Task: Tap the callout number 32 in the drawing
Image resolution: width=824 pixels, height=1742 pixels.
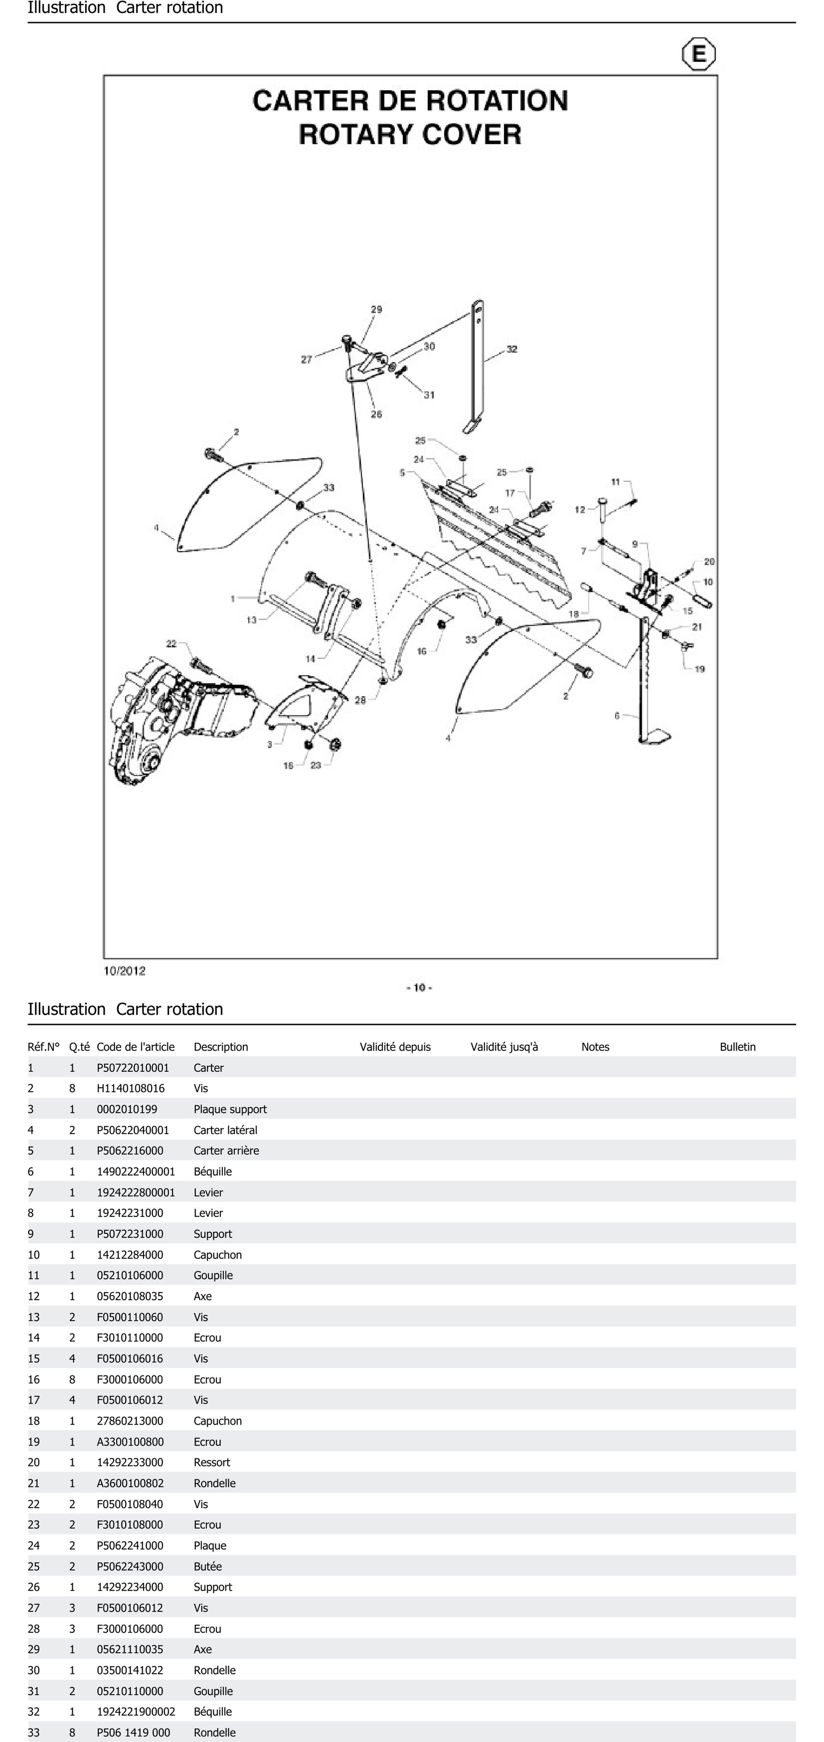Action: pyautogui.click(x=512, y=349)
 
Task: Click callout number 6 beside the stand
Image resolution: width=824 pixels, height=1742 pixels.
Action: pyautogui.click(x=616, y=715)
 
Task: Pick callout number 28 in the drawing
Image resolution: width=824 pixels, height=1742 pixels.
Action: pyautogui.click(x=360, y=700)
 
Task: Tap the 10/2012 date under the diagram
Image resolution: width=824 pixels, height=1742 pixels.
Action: pyautogui.click(x=124, y=970)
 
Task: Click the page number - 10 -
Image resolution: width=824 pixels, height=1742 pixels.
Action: pyautogui.click(x=419, y=987)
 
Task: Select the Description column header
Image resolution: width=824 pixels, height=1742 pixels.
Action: pyautogui.click(x=220, y=1047)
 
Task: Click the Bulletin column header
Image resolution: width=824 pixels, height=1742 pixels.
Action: pyautogui.click(x=738, y=1047)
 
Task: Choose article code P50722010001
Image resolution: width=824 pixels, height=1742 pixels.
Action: pyautogui.click(x=133, y=1068)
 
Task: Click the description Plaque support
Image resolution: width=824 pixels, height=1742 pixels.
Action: pyautogui.click(x=230, y=1109)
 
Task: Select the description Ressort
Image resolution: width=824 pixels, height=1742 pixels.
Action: pyautogui.click(x=212, y=1462)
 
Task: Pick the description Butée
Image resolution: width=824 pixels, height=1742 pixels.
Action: pyautogui.click(x=208, y=1566)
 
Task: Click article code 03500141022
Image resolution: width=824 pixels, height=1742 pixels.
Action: pyautogui.click(x=130, y=1670)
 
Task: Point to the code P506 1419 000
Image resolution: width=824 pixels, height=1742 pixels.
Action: pyautogui.click(x=133, y=1732)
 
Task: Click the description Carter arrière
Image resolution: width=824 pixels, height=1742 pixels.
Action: pyautogui.click(x=226, y=1150)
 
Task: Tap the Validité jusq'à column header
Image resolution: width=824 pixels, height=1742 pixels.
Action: pyautogui.click(x=504, y=1047)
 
